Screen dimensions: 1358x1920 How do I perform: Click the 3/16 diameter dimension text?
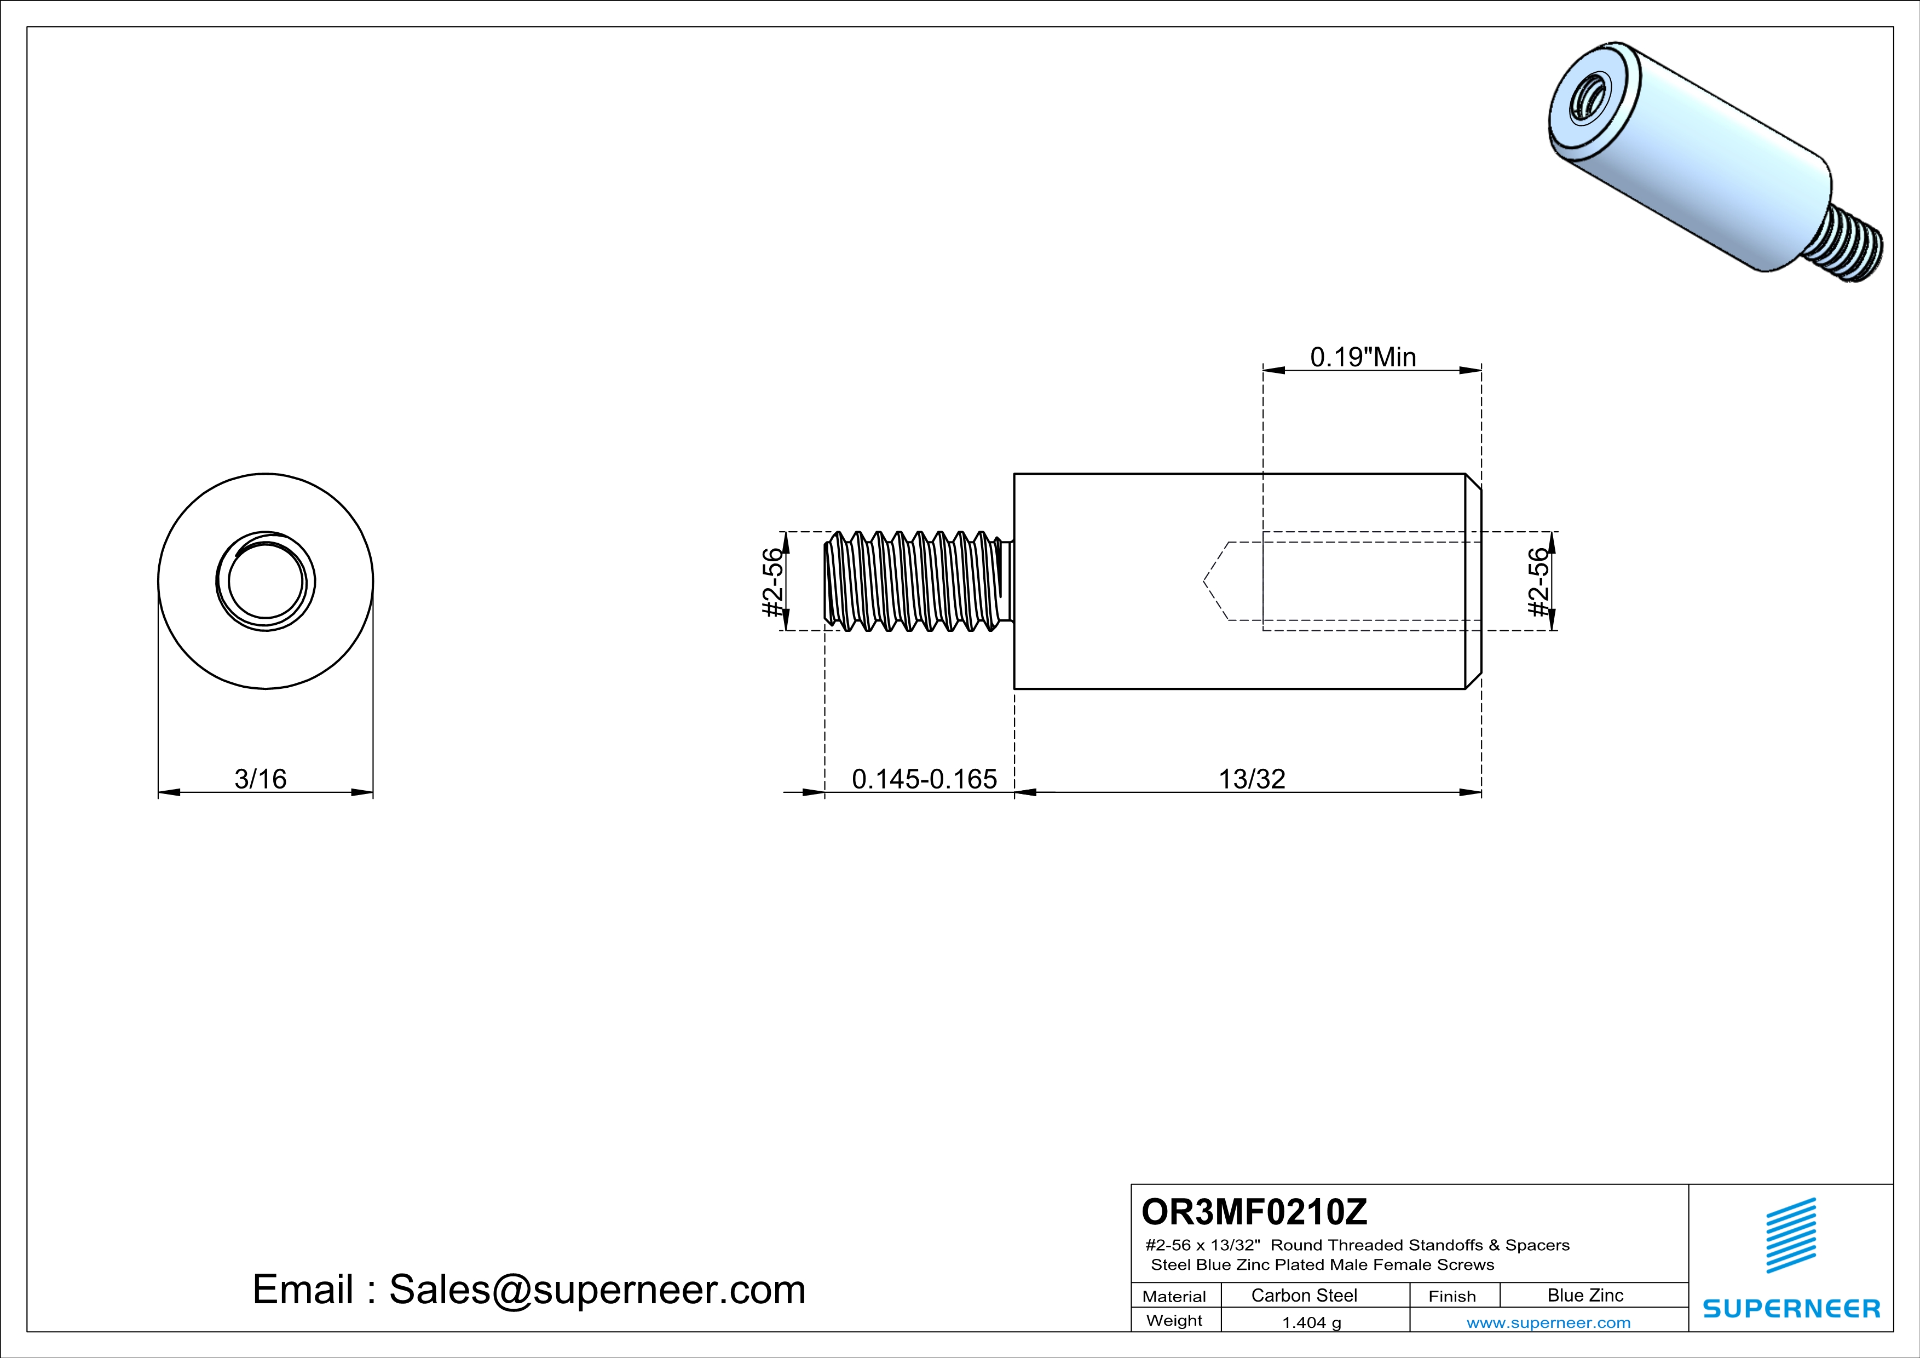pyautogui.click(x=260, y=779)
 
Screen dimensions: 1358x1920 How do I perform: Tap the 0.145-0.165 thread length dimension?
pyautogui.click(x=924, y=779)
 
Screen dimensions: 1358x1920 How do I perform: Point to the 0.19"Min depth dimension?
pyautogui.click(x=1363, y=357)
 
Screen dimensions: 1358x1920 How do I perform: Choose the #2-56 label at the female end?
pyautogui.click(x=1538, y=582)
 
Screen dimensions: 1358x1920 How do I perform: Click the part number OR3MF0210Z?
pyautogui.click(x=1254, y=1212)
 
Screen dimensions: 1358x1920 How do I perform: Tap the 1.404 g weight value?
pyautogui.click(x=1311, y=1322)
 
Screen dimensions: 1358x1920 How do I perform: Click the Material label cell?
pyautogui.click(x=1174, y=1296)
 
